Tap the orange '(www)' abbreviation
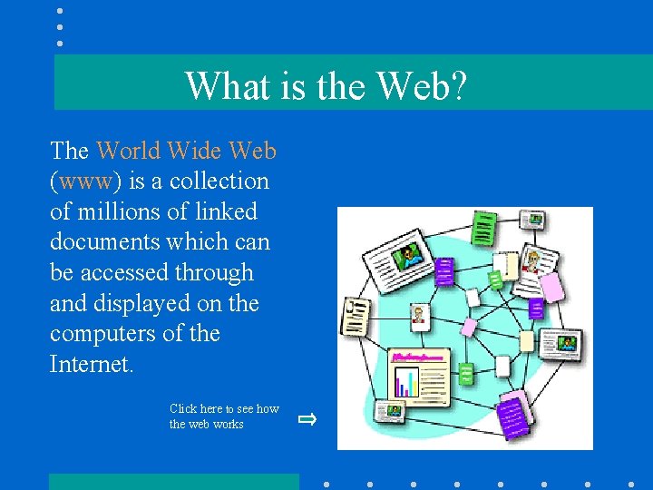[86, 181]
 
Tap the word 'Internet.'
[92, 364]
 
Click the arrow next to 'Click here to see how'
[307, 418]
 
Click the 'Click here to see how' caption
[224, 409]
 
